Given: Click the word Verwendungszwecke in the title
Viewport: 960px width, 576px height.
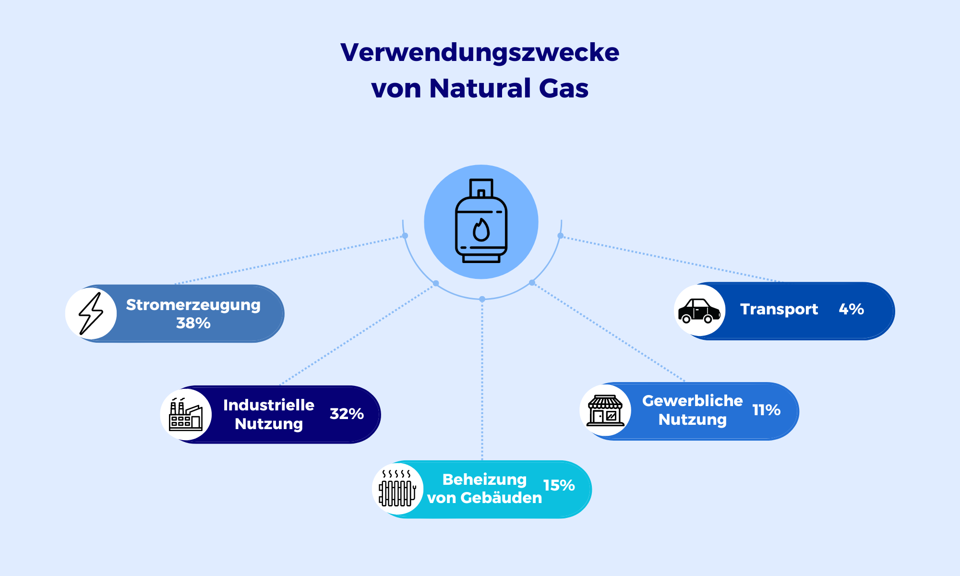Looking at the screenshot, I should (x=480, y=52).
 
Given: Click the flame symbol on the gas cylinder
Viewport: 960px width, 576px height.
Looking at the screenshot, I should (x=481, y=230).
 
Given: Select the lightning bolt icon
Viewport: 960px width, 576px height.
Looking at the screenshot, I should (x=91, y=313).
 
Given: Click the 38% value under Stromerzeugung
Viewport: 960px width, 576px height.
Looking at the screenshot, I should (x=193, y=323).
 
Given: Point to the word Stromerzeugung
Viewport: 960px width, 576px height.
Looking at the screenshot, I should (x=193, y=305).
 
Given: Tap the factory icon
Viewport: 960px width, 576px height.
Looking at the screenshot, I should (x=185, y=414).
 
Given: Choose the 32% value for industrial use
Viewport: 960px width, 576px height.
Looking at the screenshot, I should (x=347, y=414).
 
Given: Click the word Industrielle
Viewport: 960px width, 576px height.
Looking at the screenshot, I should (x=268, y=405).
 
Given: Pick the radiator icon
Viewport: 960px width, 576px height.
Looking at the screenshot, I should (x=397, y=489).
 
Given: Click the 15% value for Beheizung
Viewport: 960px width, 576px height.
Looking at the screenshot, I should (x=559, y=485).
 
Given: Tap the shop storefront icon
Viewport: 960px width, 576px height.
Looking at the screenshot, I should (x=605, y=411).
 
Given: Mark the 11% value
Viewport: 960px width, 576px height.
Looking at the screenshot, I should (x=766, y=410).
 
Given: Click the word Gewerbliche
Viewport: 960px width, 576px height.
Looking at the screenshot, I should (x=692, y=401).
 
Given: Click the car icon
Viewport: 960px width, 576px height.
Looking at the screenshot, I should (x=699, y=311).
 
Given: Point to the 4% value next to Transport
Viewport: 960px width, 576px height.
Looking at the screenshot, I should (x=851, y=309).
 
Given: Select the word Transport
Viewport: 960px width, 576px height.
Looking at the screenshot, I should (x=779, y=309).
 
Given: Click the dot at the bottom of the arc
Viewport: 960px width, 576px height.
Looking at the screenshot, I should (x=482, y=299).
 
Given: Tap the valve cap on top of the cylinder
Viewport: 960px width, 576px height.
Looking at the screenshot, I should (x=481, y=188).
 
